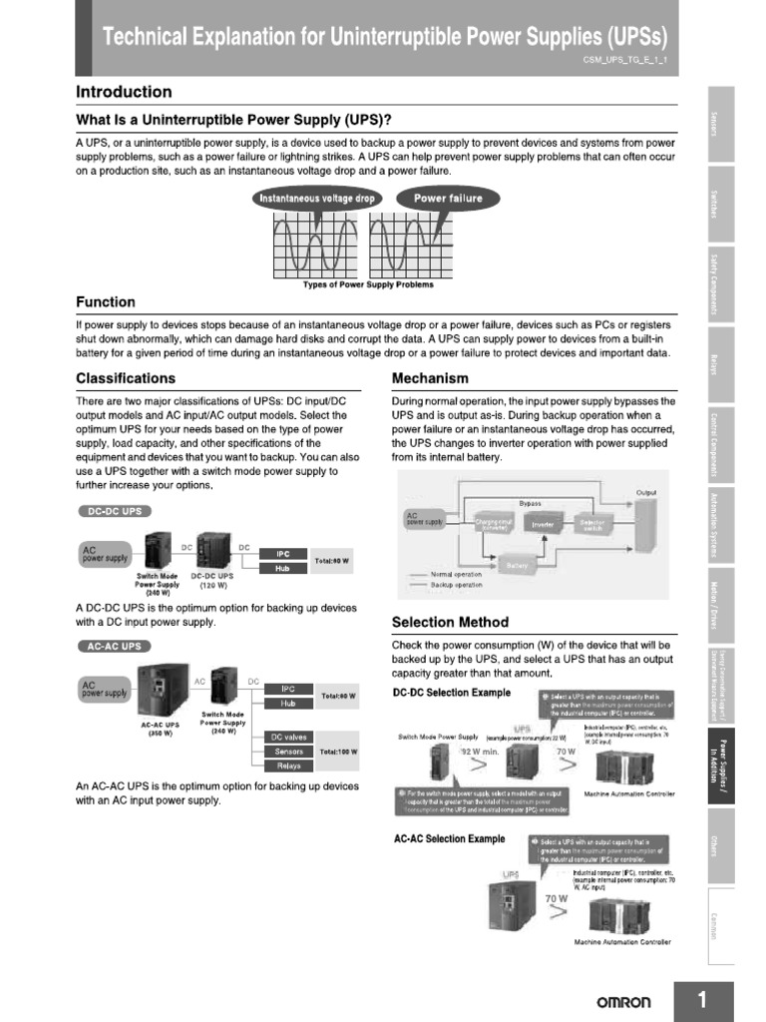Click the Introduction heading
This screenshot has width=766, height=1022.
pos(124,92)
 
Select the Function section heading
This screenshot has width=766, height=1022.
pos(106,301)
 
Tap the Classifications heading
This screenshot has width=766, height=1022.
pos(126,378)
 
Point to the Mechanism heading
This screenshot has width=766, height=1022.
pos(430,378)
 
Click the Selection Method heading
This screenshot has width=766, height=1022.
pos(450,622)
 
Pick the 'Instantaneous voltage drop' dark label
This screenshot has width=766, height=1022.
pos(317,198)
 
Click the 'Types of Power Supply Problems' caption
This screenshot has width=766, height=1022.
pos(368,284)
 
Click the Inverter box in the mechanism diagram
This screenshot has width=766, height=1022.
pos(543,523)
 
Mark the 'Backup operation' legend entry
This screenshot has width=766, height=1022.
pos(456,585)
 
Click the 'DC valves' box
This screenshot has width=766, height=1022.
pos(288,737)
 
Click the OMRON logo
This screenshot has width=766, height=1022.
pos(623,1002)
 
